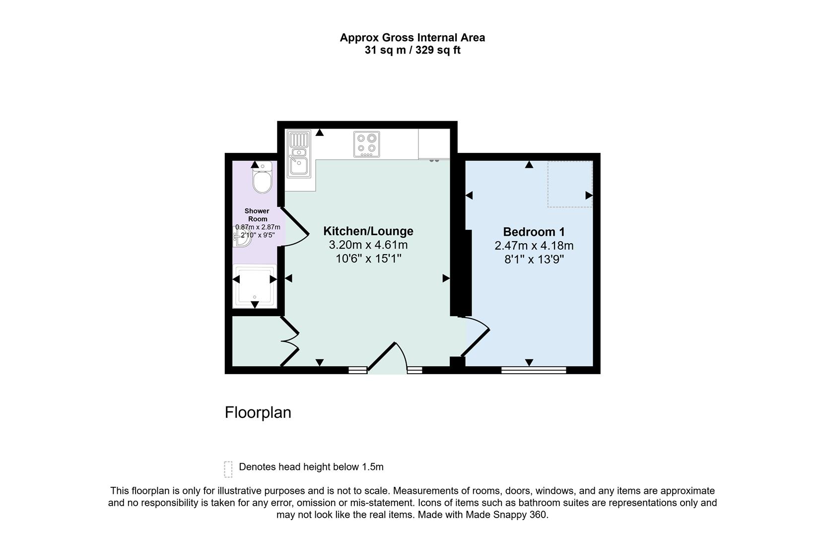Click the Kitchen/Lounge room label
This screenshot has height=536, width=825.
368,231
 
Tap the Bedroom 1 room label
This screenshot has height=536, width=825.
534,232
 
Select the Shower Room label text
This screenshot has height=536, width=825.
257,215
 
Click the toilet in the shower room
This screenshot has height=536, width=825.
262,179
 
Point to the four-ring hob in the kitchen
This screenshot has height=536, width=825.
366,144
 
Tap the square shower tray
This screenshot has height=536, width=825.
255,286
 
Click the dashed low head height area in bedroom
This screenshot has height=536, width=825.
569,184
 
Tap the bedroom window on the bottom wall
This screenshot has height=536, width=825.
534,370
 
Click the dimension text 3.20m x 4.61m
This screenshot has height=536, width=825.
368,245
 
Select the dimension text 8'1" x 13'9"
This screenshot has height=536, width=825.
534,260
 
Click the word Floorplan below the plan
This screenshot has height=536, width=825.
258,412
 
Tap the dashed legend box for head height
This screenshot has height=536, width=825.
228,469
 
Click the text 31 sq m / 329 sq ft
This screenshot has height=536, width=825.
412,50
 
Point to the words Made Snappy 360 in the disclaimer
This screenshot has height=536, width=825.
506,515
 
